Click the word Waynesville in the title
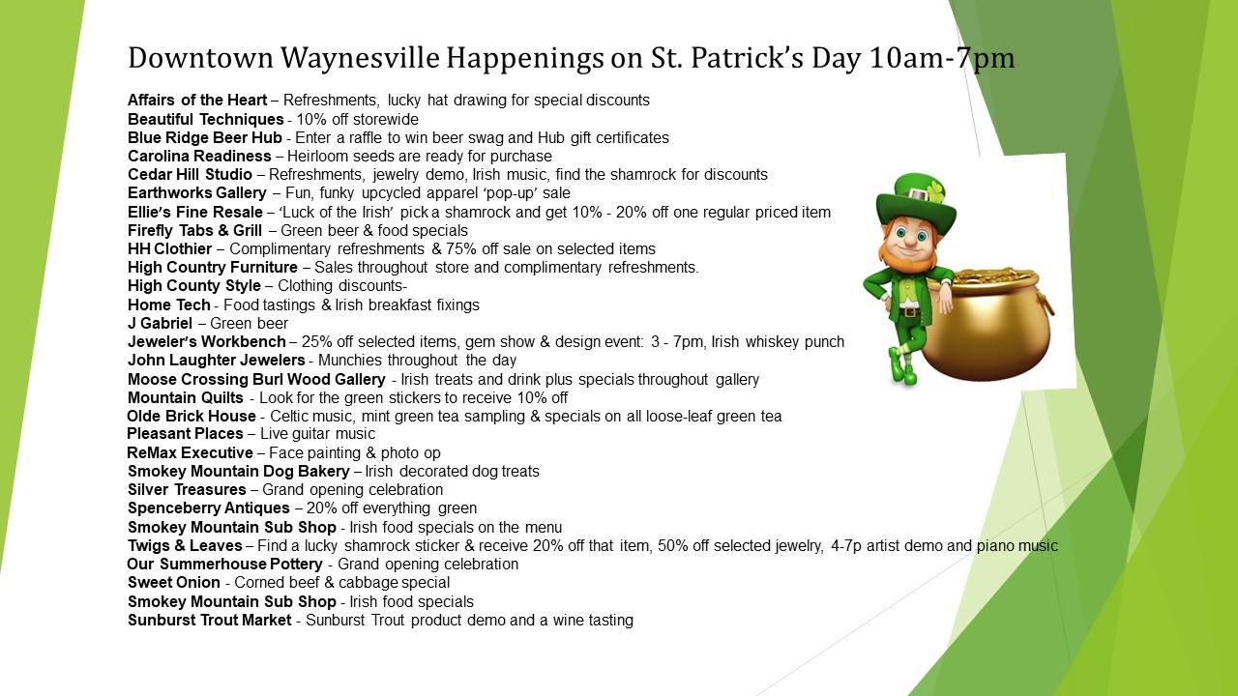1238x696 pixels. (x=360, y=58)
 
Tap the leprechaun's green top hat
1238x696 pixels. (x=916, y=199)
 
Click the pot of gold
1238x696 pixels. (x=987, y=323)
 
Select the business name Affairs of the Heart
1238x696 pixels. (x=197, y=100)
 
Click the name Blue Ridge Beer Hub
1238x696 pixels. (x=204, y=137)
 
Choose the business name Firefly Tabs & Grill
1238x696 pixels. (x=194, y=230)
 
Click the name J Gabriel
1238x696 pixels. (x=160, y=323)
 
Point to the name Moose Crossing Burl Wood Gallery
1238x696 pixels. (x=256, y=380)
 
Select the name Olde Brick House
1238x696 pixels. (x=192, y=416)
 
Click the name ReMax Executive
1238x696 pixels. (x=190, y=453)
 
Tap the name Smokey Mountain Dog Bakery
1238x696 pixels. (x=238, y=471)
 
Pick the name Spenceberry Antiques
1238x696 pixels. (x=208, y=508)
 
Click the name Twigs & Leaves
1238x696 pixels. (x=185, y=546)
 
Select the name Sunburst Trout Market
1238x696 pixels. (x=209, y=621)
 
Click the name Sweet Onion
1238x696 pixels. (x=173, y=583)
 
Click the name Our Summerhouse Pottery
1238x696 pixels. (x=224, y=564)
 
